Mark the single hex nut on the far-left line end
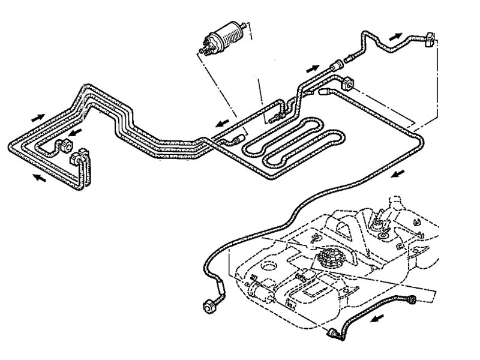click(64, 146)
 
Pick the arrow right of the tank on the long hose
click(397, 174)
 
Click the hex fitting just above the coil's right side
click(347, 83)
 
